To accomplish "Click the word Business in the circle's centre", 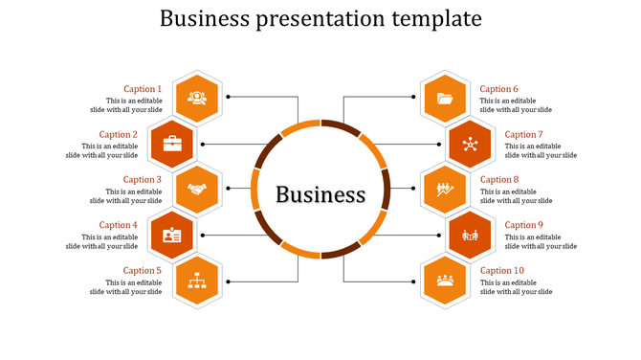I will pos(320,194).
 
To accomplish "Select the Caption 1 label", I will pos(143,89).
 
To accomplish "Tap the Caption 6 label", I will pos(498,89).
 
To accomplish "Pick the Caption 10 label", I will pos(502,270).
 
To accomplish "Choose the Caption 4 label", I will pos(119,225).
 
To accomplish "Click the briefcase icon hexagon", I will pos(172,144).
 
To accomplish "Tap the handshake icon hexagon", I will pos(197,189).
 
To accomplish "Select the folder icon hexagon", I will pos(445,98).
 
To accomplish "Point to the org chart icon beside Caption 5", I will pos(197,280).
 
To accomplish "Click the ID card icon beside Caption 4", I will pos(172,235).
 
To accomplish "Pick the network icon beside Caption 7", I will pos(470,144).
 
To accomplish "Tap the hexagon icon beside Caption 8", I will pos(445,189).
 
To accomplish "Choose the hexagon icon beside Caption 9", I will pos(470,235).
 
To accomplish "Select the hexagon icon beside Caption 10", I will pos(445,280).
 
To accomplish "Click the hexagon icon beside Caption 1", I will pos(197,98).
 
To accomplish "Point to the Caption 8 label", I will pos(498,179).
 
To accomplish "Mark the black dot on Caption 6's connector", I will pos(413,97).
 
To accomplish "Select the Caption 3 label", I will pos(143,179).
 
